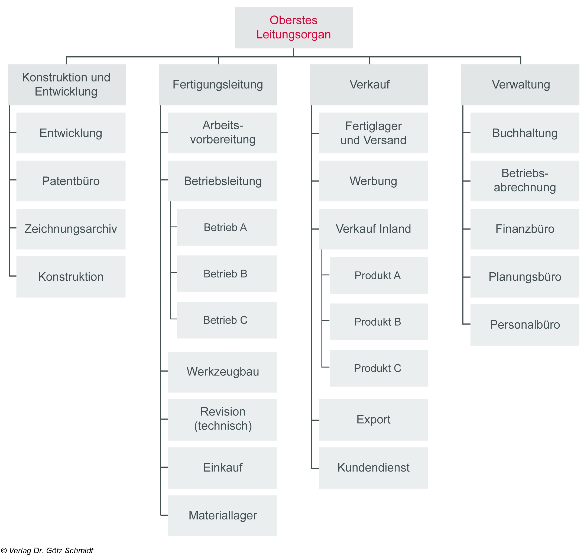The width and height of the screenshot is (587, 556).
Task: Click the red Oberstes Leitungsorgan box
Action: (x=294, y=28)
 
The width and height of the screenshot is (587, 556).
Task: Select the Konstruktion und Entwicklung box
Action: (x=67, y=84)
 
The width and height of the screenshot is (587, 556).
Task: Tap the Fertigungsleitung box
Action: (x=218, y=84)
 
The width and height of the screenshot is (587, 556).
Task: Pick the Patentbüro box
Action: (x=71, y=181)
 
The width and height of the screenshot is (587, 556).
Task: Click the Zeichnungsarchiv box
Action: (x=71, y=229)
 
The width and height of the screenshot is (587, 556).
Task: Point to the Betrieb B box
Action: (x=227, y=274)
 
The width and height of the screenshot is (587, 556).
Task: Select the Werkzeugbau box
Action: (x=222, y=372)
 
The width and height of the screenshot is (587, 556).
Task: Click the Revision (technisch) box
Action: (x=222, y=419)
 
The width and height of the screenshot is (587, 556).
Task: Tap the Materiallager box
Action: (x=222, y=515)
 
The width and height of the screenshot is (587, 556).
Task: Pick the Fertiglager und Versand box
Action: (x=374, y=133)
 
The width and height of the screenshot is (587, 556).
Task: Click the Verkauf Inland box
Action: (x=374, y=229)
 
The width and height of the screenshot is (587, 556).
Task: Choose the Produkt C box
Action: (x=378, y=368)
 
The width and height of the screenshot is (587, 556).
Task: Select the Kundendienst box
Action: (x=374, y=468)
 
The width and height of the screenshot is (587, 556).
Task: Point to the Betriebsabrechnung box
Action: (x=524, y=181)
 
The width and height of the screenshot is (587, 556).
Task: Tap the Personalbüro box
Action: (x=524, y=325)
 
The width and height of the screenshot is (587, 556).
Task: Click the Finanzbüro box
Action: (x=524, y=229)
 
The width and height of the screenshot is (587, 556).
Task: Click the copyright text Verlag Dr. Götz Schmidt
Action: (x=47, y=551)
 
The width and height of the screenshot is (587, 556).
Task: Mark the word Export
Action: (x=374, y=419)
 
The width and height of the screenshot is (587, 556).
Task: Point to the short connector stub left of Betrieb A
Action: (x=174, y=227)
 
